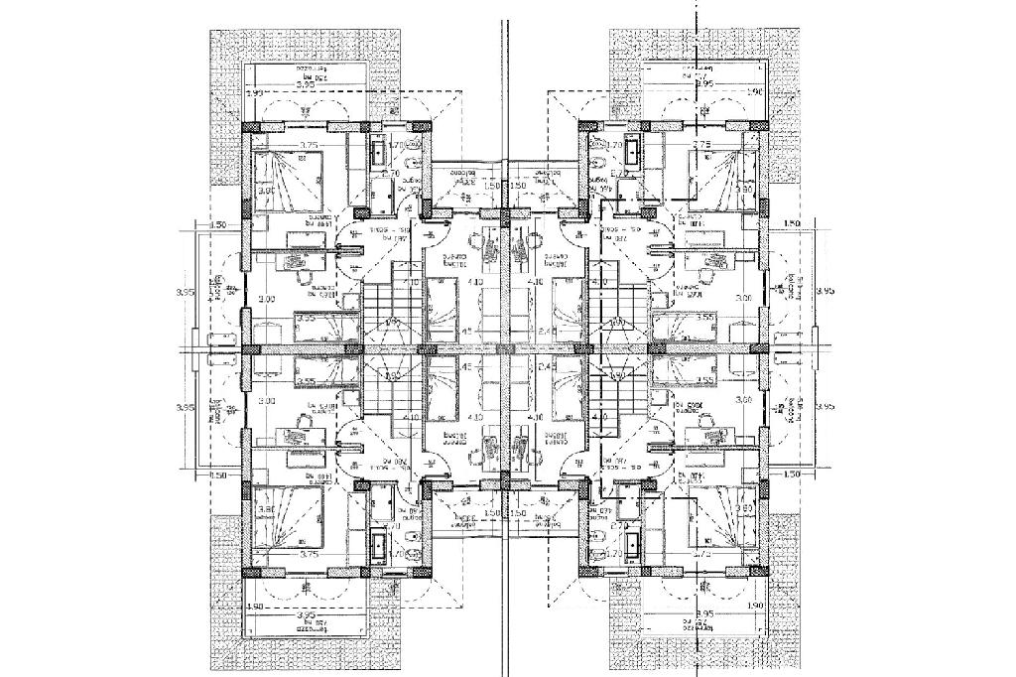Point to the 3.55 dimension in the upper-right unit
pyautogui.click(x=705, y=319)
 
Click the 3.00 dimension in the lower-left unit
pyautogui.click(x=265, y=400)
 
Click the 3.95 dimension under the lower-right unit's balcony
pyautogui.click(x=705, y=615)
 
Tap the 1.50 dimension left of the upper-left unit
pyautogui.click(x=219, y=225)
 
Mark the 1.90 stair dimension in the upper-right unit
pyautogui.click(x=618, y=322)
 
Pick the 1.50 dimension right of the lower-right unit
pyautogui.click(x=792, y=475)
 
